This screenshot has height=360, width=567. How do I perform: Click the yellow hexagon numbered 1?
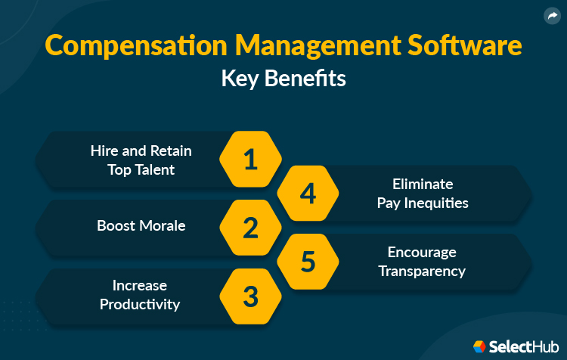click(250, 159)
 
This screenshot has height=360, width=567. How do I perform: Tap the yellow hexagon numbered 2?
click(250, 227)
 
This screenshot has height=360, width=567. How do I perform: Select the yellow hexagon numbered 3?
click(250, 296)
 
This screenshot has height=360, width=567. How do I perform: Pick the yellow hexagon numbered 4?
click(308, 193)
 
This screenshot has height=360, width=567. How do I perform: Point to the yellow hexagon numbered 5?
click(308, 261)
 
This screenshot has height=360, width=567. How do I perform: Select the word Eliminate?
click(423, 184)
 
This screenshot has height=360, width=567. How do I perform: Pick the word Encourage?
click(422, 252)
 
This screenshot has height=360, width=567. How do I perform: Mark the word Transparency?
click(422, 271)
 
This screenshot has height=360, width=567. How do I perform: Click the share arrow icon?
click(551, 15)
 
